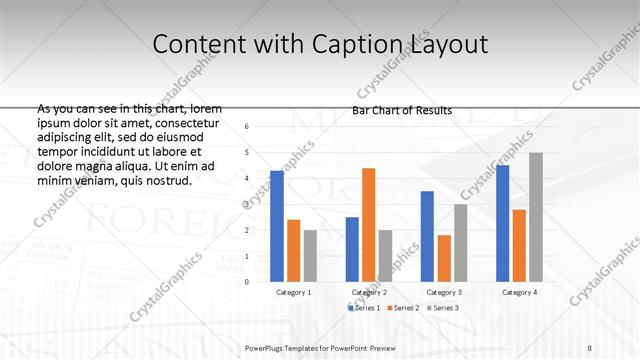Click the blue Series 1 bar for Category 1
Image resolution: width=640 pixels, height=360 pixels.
click(277, 226)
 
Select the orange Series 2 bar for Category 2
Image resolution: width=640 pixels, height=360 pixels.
click(368, 225)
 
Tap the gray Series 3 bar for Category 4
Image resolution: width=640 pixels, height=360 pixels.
click(535, 217)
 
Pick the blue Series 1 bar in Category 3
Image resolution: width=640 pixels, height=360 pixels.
click(427, 236)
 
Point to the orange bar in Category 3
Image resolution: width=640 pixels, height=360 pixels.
click(443, 258)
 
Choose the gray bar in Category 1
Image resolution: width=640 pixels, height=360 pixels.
click(310, 256)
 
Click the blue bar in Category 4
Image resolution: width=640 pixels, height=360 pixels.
click(502, 223)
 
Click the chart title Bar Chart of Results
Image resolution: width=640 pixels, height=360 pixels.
click(403, 110)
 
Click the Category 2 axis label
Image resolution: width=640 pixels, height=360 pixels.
click(369, 292)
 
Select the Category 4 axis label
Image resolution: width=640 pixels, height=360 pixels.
click(519, 292)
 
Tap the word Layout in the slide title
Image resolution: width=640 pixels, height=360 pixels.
click(450, 45)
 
